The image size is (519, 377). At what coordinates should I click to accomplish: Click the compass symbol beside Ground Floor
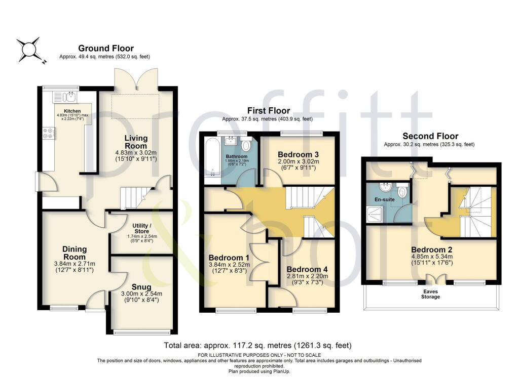(x=29, y=50)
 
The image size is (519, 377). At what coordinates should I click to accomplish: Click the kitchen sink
(x=64, y=95)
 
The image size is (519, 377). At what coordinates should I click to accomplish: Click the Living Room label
(x=136, y=142)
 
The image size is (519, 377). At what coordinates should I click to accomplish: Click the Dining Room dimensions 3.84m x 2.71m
(x=75, y=263)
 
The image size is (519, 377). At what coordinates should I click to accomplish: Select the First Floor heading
(x=269, y=110)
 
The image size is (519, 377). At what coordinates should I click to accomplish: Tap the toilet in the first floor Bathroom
(x=246, y=145)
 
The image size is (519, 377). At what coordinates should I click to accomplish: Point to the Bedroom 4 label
(x=308, y=269)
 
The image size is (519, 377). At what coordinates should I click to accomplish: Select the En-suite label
(x=384, y=200)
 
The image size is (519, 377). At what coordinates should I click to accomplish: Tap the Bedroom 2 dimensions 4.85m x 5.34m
(x=431, y=257)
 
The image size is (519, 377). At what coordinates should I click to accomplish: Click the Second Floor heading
(x=430, y=136)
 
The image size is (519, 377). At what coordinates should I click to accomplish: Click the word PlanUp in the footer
(x=274, y=371)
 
